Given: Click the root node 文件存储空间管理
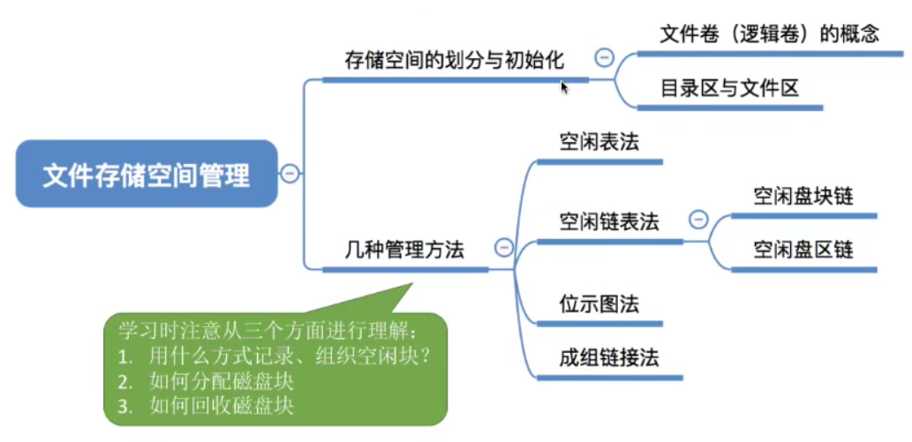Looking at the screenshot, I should tap(147, 175).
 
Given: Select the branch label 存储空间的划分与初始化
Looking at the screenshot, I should tap(454, 61).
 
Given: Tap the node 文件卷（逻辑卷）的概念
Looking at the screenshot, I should tap(770, 35).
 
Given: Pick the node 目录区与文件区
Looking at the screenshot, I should tap(729, 89).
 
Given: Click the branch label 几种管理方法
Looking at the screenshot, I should tap(404, 250).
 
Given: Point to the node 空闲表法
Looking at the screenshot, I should tap(599, 143).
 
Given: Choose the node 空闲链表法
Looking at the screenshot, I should tap(609, 221).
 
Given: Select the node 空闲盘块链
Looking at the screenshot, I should tap(803, 196).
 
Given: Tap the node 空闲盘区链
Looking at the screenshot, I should tap(803, 250).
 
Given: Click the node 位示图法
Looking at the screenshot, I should tap(599, 304).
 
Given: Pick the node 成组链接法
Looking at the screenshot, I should tap(609, 358).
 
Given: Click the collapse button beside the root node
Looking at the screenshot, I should tap(290, 175).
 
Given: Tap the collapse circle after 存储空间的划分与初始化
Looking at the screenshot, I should tap(605, 58).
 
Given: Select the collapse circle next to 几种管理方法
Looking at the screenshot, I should tap(503, 248).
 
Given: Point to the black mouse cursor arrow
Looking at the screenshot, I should tap(564, 86).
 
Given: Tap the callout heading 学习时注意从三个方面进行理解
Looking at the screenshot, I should tap(270, 331).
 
